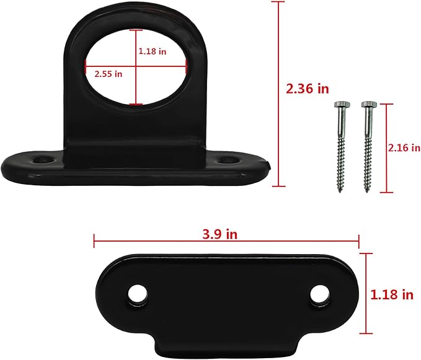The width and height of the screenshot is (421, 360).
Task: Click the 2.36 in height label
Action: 307,89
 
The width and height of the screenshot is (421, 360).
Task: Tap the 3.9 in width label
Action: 220,234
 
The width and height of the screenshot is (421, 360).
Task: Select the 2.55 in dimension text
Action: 109,74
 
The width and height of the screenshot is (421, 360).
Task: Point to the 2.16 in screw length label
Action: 404,148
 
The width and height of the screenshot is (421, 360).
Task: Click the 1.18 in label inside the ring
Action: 153,51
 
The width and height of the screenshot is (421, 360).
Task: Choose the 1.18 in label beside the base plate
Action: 392,294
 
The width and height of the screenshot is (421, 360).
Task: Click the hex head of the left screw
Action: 342,104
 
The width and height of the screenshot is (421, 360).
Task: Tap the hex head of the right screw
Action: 369,104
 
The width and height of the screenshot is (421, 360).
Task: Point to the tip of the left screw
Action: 340,192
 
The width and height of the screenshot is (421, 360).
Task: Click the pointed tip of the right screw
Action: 367,191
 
